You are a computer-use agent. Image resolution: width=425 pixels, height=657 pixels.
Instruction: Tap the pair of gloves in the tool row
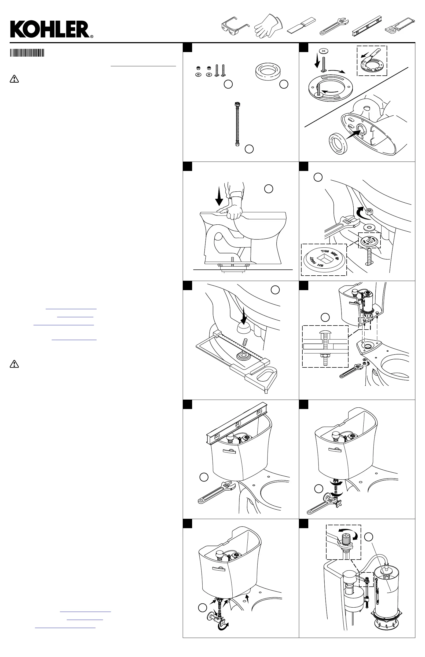point(268,27)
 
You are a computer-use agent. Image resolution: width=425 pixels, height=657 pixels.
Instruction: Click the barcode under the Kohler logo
point(27,53)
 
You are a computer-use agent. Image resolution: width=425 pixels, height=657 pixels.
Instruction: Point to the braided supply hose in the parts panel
point(237,124)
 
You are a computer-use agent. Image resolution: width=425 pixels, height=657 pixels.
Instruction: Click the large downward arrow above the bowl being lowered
point(220,196)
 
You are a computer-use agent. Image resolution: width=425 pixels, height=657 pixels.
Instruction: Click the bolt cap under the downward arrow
point(244,329)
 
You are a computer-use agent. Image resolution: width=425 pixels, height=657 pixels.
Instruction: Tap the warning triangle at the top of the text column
point(14,79)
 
